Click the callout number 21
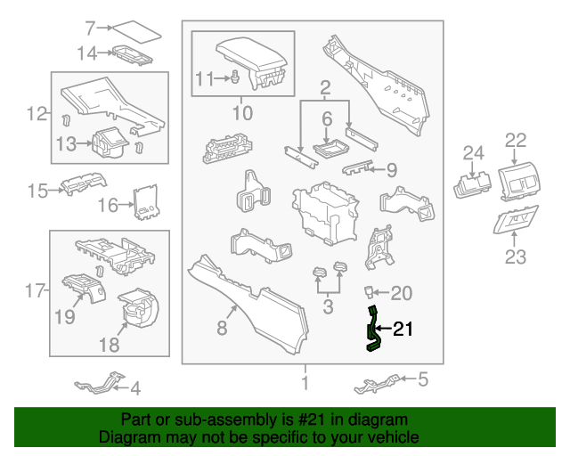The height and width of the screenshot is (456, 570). [403, 330]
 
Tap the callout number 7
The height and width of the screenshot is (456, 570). [89, 28]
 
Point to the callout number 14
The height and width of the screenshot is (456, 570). [86, 53]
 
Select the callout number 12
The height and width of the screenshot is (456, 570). [37, 114]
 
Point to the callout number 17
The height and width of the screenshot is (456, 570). [34, 290]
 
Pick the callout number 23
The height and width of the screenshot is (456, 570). [516, 258]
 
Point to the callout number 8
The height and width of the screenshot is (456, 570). [222, 329]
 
